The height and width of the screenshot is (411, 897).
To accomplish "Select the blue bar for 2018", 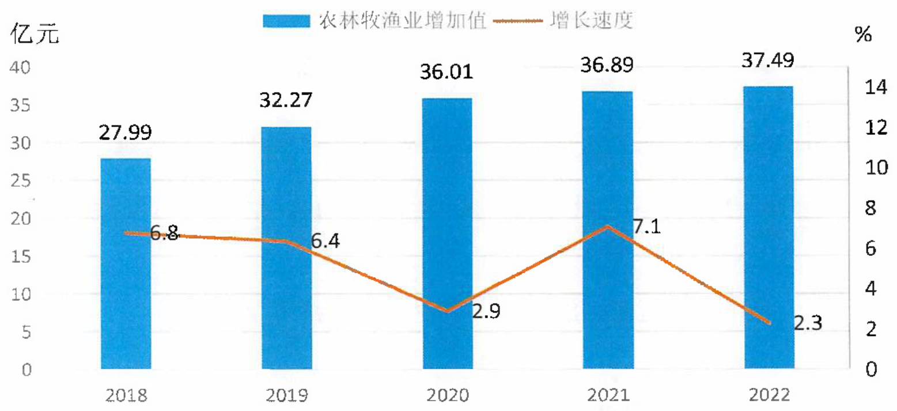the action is point(126,263).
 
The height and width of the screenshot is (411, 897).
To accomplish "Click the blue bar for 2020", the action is point(448,233).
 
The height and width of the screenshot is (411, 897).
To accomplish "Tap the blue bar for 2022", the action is point(769,227).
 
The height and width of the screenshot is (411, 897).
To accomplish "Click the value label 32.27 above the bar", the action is point(286,100).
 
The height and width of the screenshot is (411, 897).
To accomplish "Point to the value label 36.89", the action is point(607,65).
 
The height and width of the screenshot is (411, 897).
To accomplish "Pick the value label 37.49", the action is point(767,61).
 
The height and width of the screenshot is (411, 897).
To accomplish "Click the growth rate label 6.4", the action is point(325,241).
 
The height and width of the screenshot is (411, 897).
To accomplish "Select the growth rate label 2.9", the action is point(486,311).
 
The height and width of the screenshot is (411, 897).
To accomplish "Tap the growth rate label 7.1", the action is point(647,227).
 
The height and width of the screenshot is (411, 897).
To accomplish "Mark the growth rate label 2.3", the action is point(808,323).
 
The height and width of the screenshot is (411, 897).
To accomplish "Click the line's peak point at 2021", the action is point(608,227).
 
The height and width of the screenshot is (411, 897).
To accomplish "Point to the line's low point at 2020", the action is point(448,311).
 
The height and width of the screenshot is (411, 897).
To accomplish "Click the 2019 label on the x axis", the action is point(287,396).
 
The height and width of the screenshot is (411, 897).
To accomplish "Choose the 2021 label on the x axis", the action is point(608,396).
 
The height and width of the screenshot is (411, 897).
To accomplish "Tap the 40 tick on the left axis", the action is point(20,67).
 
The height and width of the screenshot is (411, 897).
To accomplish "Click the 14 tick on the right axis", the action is point(876,87).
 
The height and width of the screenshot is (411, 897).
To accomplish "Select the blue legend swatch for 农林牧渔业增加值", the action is point(286,21).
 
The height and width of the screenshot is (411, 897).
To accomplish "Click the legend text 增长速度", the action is point(591,20).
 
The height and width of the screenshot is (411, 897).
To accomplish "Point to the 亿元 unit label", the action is point(35,33).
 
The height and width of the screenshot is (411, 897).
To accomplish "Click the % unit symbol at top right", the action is point(864,35).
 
